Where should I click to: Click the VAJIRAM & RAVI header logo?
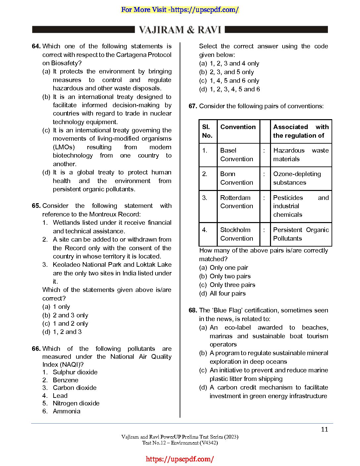[x=180, y=30]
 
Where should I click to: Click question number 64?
[x=36, y=46]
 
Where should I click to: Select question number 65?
[x=36, y=206]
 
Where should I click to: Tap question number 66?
[x=36, y=349]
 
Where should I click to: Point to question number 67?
[x=193, y=106]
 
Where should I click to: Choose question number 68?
[x=193, y=310]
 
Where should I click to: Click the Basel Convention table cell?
[x=237, y=155]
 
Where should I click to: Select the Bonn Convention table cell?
[x=237, y=178]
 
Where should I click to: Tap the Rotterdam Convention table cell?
[x=237, y=202]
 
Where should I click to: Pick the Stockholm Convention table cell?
[x=237, y=234]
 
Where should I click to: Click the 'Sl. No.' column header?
[x=207, y=131]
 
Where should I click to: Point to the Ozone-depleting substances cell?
[x=297, y=178]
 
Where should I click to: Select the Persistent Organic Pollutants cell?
[x=301, y=234]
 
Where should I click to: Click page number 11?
[x=324, y=430]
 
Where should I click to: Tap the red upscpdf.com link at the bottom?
[x=180, y=459]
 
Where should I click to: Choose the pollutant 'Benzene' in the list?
[x=66, y=380]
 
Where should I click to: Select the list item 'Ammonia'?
[x=67, y=411]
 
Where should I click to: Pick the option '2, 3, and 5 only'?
[x=232, y=72]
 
